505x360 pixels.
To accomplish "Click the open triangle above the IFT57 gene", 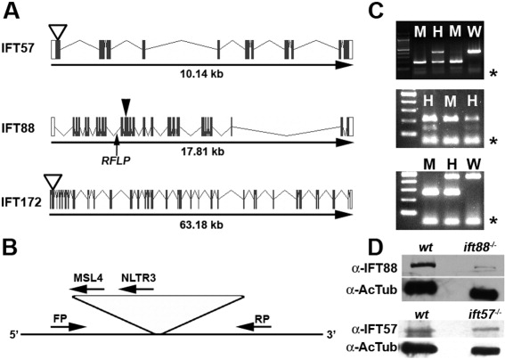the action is pyautogui.click(x=57, y=31).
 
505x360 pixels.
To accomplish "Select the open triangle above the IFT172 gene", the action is pyautogui.click(x=53, y=183).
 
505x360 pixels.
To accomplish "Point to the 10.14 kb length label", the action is pyautogui.click(x=201, y=74).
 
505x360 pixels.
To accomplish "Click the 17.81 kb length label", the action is pyautogui.click(x=201, y=151).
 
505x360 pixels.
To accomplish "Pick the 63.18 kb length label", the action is pyautogui.click(x=201, y=225).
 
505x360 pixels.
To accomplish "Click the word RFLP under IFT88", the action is pyautogui.click(x=116, y=160).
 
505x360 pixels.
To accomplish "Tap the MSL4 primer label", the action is pyautogui.click(x=88, y=278).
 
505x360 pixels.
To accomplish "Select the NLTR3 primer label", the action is pyautogui.click(x=138, y=278).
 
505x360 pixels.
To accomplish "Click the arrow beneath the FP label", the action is pyautogui.click(x=69, y=327).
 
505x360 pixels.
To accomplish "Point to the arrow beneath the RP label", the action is pyautogui.click(x=254, y=327).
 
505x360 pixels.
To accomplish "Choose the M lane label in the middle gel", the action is pyautogui.click(x=451, y=102).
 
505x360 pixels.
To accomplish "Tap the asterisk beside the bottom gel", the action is pyautogui.click(x=493, y=221).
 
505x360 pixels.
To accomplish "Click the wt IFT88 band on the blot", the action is pyautogui.click(x=423, y=266).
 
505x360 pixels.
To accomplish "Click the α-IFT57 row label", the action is pyautogui.click(x=371, y=329).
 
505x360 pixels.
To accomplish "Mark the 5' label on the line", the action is pyautogui.click(x=14, y=335).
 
